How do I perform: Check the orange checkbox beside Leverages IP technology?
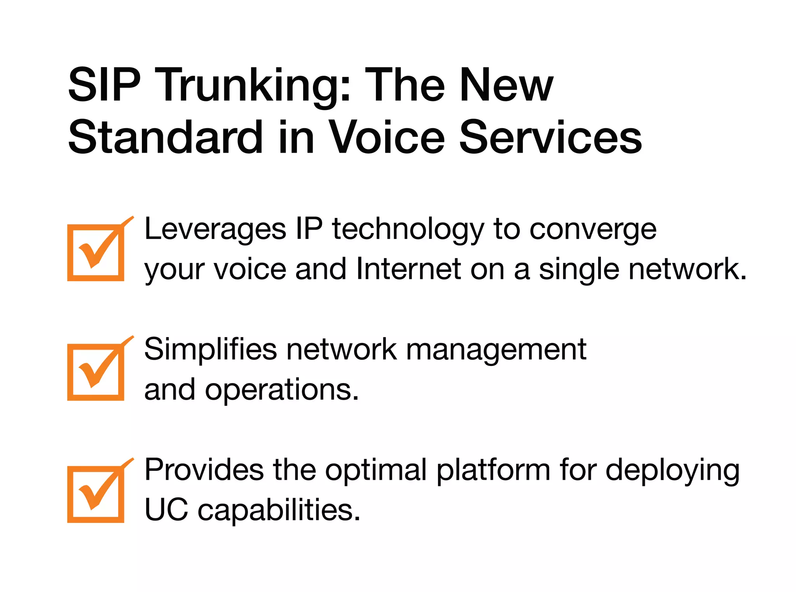(x=96, y=253)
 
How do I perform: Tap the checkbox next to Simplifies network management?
(x=96, y=372)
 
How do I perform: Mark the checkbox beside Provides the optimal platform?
(x=96, y=494)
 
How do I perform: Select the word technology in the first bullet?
(x=408, y=230)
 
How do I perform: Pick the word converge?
(x=593, y=230)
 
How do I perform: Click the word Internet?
(x=408, y=269)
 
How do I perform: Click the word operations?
(x=281, y=390)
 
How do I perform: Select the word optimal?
(x=376, y=470)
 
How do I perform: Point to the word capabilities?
(x=279, y=510)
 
